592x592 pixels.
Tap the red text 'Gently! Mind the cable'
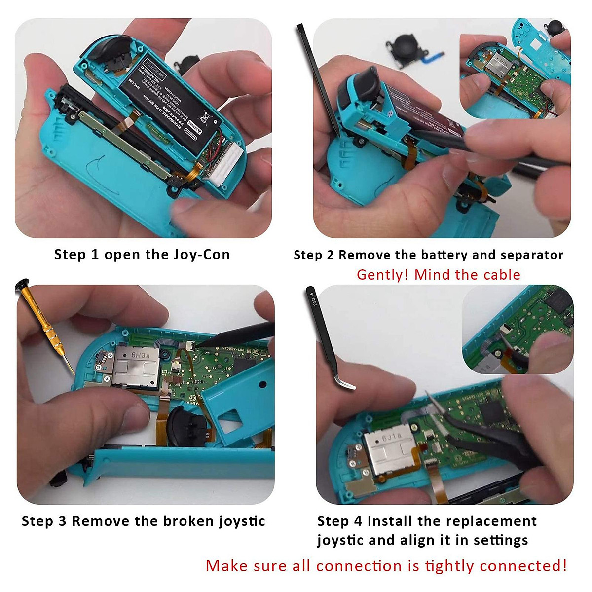[438, 275]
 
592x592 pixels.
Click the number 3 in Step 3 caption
[62, 521]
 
